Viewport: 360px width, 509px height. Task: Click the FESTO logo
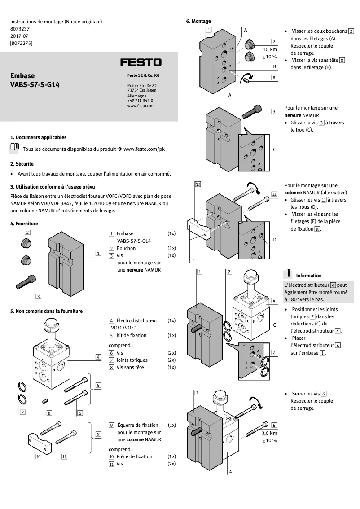pos(140,62)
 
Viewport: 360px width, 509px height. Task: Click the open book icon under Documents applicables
pos(14,147)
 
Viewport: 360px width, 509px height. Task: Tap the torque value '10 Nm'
pos(270,49)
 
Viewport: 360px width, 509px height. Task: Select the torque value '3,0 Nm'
pos(269,434)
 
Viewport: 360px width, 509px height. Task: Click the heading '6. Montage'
pos(198,21)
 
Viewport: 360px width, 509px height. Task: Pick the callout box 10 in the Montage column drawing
pos(198,184)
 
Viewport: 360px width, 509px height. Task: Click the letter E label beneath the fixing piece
pos(193,259)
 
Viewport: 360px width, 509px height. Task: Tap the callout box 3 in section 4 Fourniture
pos(39,296)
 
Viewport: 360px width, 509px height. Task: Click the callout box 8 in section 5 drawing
pos(49,412)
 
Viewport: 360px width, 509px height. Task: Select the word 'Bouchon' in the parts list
pos(126,248)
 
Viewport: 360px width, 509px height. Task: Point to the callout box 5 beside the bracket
pos(98,385)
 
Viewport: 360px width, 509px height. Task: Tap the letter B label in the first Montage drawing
pos(274,66)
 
